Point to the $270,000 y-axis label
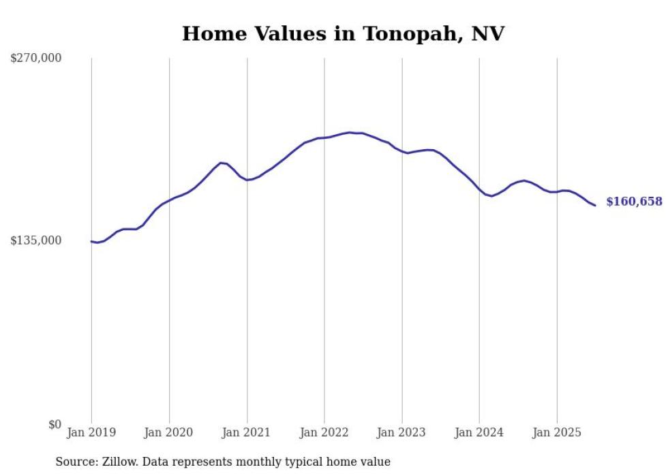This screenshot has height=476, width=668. [x=36, y=58]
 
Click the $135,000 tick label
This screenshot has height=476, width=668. [x=36, y=240]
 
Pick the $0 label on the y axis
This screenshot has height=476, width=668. [x=55, y=424]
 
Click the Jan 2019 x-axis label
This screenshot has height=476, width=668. [x=91, y=432]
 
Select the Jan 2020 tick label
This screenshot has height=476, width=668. [x=169, y=432]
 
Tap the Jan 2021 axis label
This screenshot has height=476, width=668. [x=247, y=432]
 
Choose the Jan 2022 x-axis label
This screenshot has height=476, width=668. [x=324, y=432]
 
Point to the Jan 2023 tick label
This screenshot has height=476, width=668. [x=401, y=432]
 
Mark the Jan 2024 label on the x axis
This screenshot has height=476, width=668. [x=479, y=432]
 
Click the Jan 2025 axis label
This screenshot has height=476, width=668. [x=557, y=432]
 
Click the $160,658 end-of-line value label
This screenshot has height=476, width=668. [x=634, y=202]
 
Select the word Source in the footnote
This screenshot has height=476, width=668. [x=75, y=462]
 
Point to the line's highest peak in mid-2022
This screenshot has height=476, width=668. [x=350, y=132]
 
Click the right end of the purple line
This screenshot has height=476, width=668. [x=595, y=205]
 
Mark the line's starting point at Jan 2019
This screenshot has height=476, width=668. [x=91, y=241]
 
